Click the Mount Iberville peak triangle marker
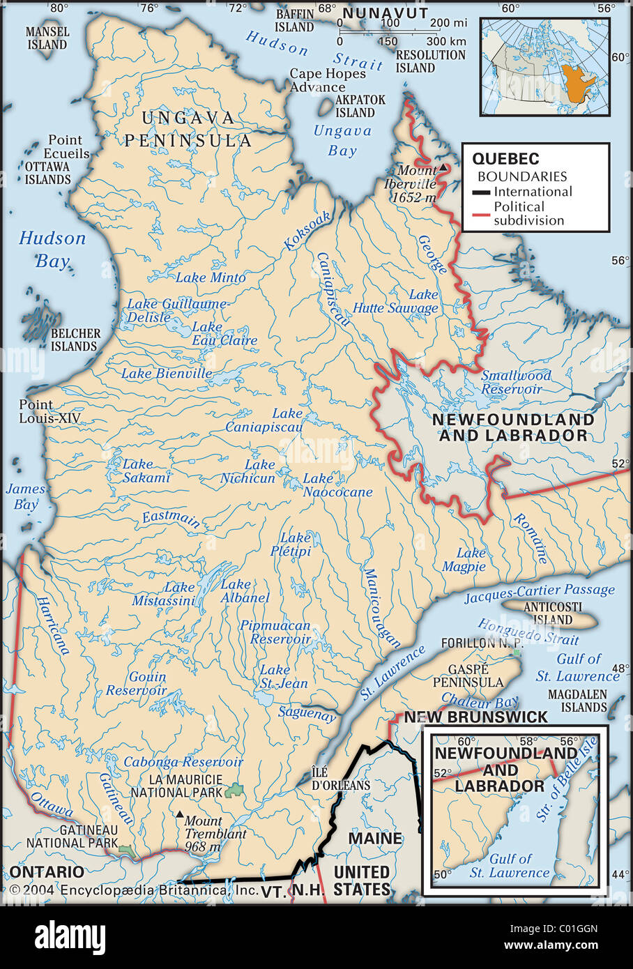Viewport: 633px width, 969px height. click(x=443, y=168)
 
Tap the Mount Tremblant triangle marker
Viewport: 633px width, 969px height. click(x=180, y=814)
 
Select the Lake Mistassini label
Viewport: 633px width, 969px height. click(x=164, y=594)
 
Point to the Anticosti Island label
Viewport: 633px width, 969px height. click(x=548, y=613)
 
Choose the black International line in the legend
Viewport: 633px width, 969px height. click(x=482, y=192)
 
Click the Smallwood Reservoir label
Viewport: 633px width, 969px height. click(x=515, y=382)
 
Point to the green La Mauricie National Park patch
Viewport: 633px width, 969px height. click(x=234, y=791)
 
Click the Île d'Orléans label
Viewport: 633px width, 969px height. click(x=340, y=779)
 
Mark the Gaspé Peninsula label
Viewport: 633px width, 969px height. click(x=467, y=675)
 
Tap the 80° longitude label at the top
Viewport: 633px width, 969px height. click(x=59, y=8)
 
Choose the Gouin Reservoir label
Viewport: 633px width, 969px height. click(x=137, y=683)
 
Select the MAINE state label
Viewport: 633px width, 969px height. click(x=375, y=838)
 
